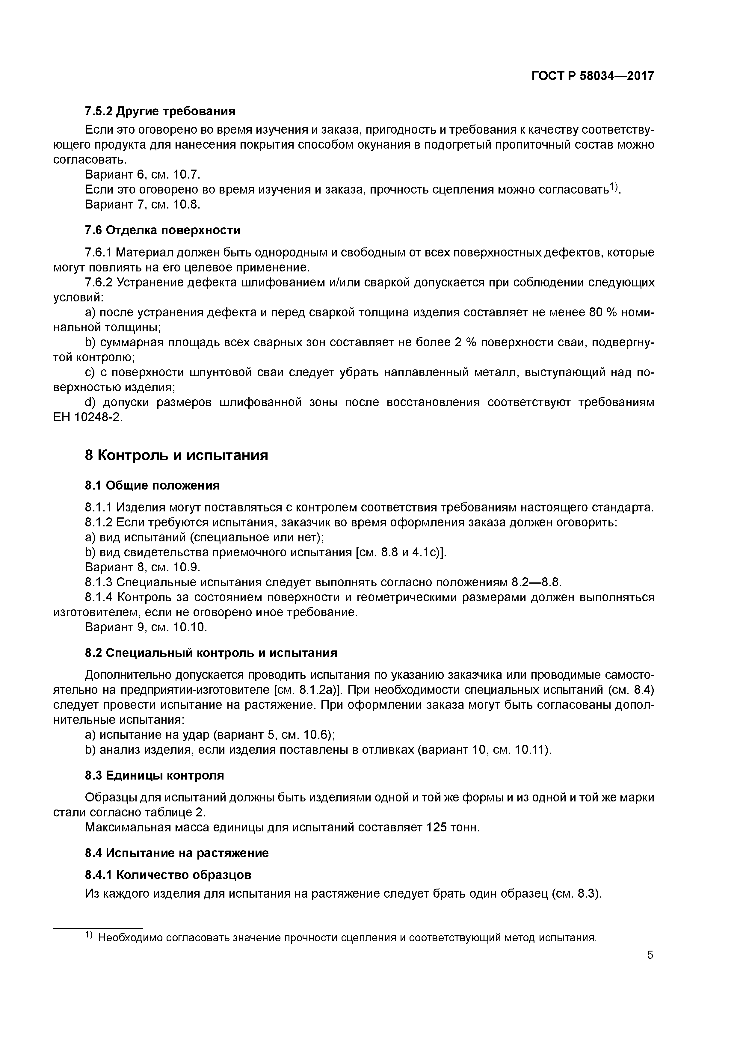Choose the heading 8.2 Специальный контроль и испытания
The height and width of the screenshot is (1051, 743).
point(211,653)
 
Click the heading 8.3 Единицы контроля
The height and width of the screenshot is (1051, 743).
point(154,775)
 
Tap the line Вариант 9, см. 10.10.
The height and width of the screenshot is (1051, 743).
point(146,627)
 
